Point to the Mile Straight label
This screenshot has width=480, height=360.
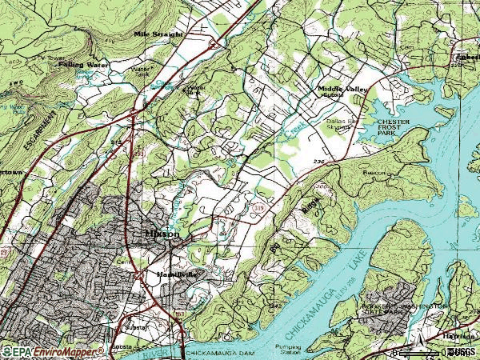[x=158, y=34]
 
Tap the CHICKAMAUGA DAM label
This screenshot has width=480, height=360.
[x=214, y=352]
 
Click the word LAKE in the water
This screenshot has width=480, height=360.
[x=345, y=258]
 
